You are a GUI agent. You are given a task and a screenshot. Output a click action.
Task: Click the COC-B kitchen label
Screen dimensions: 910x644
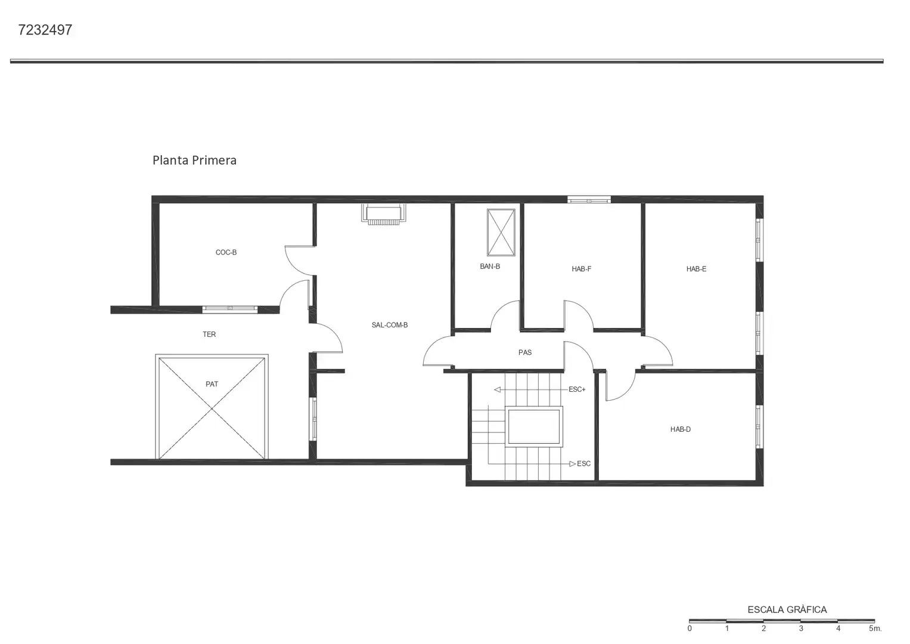[x=226, y=252]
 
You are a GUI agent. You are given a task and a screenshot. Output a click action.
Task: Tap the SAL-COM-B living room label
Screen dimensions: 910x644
[x=390, y=325]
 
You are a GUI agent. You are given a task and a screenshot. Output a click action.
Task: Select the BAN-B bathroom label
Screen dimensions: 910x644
[x=490, y=267]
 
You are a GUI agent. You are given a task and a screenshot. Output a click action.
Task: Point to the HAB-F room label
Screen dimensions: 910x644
[x=582, y=269]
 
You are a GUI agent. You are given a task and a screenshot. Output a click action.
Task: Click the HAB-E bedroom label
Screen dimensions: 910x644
[x=696, y=269]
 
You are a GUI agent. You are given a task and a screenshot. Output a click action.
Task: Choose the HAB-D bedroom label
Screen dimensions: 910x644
[x=681, y=429]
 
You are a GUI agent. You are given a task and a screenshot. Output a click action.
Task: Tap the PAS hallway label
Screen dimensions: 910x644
[x=525, y=352]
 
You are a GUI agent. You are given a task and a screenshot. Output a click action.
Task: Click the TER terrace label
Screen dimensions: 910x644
[x=209, y=334]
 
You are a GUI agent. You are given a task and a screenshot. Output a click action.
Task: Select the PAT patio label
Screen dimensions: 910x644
[x=212, y=384]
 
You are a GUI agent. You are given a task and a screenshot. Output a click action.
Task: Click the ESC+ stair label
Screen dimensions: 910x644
[x=577, y=389]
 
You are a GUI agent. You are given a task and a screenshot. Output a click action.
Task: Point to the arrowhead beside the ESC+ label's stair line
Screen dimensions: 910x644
[x=497, y=390]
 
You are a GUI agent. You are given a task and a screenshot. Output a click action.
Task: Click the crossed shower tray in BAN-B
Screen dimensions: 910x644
[x=501, y=233]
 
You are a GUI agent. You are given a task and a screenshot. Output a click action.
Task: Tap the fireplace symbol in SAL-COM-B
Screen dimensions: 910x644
[x=384, y=214]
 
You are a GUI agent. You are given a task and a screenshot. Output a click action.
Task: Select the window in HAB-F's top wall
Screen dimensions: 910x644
[x=589, y=200]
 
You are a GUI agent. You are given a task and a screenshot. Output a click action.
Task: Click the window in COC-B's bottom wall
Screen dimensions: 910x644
[x=230, y=309]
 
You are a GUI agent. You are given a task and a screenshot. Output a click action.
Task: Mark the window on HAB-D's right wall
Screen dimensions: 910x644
[x=759, y=427]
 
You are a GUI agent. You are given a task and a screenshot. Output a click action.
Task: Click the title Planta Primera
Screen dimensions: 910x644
[x=195, y=160]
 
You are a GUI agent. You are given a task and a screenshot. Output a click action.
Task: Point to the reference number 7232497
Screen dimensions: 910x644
[x=45, y=30]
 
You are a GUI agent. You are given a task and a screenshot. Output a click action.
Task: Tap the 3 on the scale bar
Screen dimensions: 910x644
[x=801, y=628]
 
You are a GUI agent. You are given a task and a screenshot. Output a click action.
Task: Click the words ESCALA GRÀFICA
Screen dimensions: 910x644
[x=787, y=610]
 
